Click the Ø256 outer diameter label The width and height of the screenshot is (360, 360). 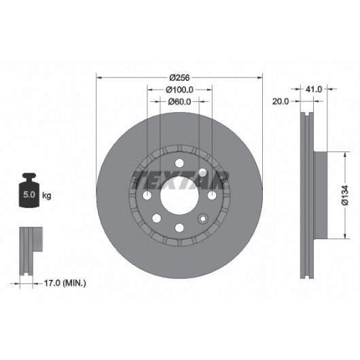tap(179, 78)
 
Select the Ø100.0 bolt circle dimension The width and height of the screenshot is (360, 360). tap(179, 90)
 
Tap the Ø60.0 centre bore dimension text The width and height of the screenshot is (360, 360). tap(179, 101)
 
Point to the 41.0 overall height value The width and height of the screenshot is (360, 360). tap(314, 89)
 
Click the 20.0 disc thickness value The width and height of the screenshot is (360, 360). tap(281, 101)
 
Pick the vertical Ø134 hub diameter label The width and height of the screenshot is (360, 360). tap(345, 195)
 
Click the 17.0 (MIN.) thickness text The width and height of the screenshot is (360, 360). tap(65, 283)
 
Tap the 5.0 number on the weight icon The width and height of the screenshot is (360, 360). tap(29, 195)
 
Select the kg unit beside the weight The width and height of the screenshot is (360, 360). tap(47, 196)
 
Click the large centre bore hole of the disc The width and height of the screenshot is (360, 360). tap(179, 196)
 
